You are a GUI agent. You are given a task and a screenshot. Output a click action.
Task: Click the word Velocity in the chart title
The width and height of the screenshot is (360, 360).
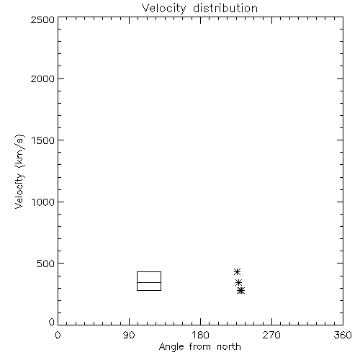[x=164, y=9]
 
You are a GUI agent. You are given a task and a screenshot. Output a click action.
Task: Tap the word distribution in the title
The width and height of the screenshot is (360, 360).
[x=225, y=9]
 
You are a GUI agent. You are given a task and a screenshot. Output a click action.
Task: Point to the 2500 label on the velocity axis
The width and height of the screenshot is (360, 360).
[x=42, y=19]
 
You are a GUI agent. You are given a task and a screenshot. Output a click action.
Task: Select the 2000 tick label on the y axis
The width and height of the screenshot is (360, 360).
[x=42, y=78]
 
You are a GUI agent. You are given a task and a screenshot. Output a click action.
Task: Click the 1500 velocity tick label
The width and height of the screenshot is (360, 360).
[x=43, y=140]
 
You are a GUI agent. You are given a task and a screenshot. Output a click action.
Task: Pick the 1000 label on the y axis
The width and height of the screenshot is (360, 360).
[x=43, y=202]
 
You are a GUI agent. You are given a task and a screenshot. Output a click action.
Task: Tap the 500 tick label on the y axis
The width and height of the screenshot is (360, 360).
[x=46, y=264]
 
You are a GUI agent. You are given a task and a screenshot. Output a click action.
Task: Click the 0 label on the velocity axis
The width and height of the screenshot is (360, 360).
[x=52, y=322]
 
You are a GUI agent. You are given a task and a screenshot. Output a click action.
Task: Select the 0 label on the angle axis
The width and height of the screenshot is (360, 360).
[x=58, y=335]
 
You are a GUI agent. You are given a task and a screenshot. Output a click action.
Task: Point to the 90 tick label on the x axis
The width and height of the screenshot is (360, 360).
[x=129, y=335]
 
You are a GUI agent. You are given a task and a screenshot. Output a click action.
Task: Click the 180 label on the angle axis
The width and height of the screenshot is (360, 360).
[x=200, y=335]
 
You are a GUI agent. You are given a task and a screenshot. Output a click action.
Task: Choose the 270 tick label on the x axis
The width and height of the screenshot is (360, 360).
[x=271, y=335]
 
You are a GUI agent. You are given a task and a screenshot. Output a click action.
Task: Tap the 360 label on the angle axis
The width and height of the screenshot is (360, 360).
[x=343, y=335]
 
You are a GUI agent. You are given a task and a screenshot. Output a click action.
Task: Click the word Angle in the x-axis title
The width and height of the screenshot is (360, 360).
[x=171, y=347]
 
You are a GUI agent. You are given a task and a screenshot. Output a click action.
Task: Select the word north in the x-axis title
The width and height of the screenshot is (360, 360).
[x=229, y=346]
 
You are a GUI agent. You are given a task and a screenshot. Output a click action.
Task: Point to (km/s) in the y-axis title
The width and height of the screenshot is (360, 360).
[x=19, y=151]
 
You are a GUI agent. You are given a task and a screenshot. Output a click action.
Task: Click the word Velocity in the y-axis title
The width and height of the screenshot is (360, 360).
[x=19, y=191]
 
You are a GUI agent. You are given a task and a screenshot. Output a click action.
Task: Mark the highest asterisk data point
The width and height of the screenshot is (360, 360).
[x=237, y=271]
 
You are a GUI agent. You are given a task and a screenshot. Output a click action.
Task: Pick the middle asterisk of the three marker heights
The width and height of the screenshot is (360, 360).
[x=238, y=282]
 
